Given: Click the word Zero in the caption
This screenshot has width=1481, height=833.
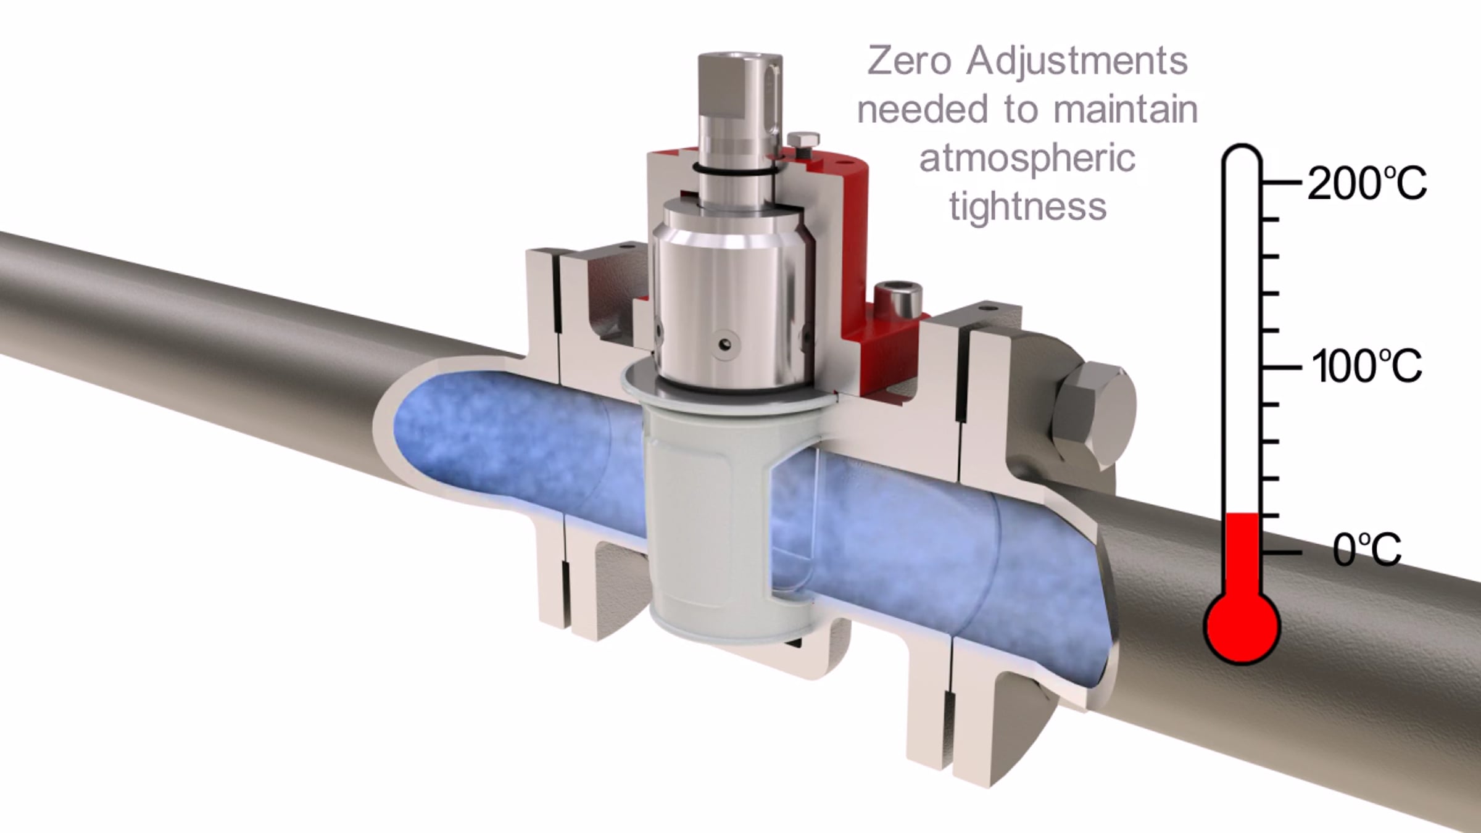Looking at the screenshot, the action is click(909, 60).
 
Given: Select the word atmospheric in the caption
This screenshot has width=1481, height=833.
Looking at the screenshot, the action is click(1027, 159).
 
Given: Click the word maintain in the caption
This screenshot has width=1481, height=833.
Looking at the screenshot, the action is click(1126, 109).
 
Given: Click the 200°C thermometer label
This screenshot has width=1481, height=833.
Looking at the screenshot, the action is click(1367, 183).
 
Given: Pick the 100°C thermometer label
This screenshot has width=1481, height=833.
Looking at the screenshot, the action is click(1367, 366).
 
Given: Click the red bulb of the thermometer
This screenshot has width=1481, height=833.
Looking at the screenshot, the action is click(1242, 626).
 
